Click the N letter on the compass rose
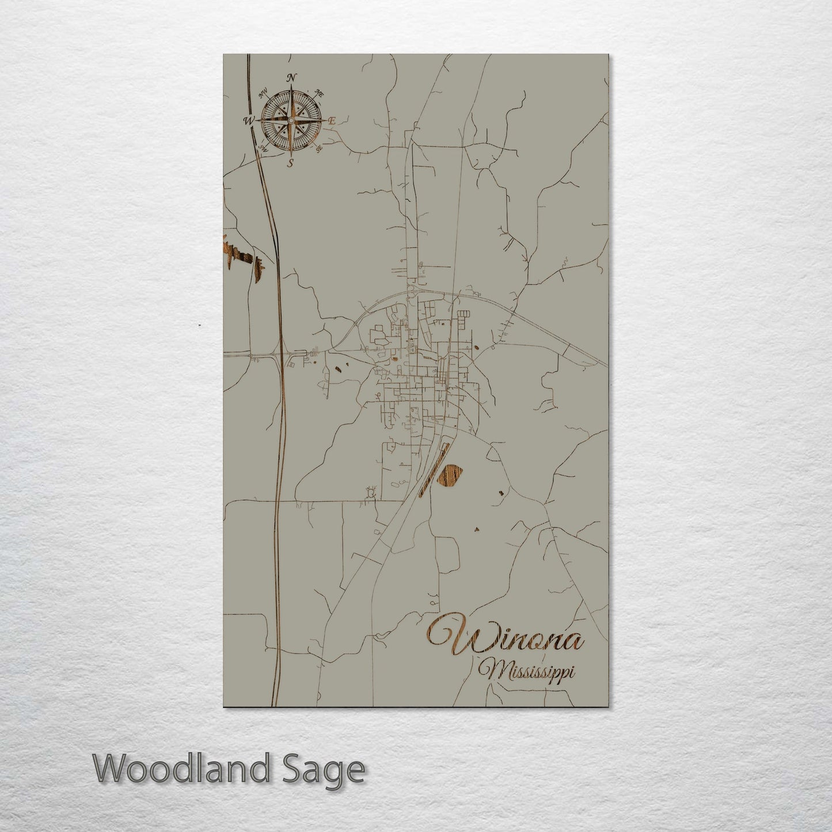(x=292, y=78)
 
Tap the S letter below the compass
(x=291, y=163)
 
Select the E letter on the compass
(x=332, y=121)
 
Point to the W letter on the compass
(x=249, y=121)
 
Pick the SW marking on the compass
(x=264, y=149)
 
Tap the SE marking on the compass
(x=319, y=149)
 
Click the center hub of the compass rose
(x=291, y=120)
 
